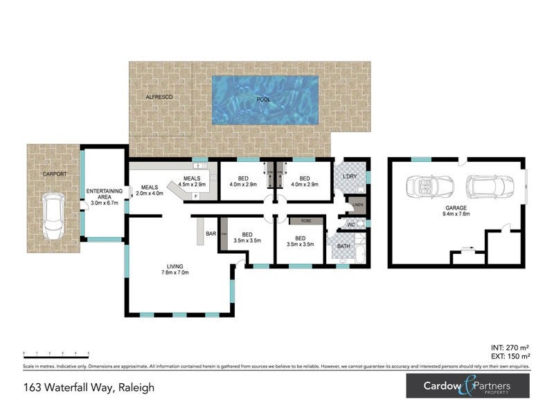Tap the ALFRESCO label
[159, 98]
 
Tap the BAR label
[211, 234]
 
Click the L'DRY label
[350, 176]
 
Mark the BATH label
[343, 246]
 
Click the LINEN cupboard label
[357, 205]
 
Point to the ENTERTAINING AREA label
[104, 196]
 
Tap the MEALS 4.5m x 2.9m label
[193, 182]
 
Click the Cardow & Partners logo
[468, 386]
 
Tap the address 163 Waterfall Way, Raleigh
[89, 387]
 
